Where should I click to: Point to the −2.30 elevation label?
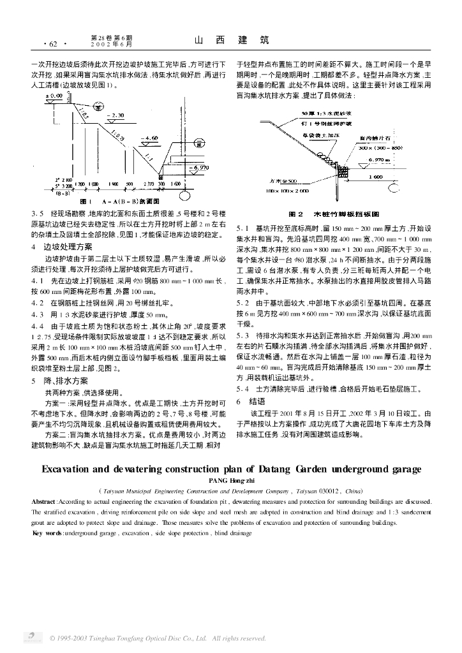pos(115,115)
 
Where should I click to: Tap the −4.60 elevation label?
pos(151,138)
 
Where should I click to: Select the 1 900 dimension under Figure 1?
pos(113,184)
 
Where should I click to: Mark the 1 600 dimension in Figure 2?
pos(376,176)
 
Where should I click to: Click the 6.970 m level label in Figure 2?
pos(380,159)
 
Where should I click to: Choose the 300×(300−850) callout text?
pos(379,147)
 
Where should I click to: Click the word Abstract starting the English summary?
pos(44,502)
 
